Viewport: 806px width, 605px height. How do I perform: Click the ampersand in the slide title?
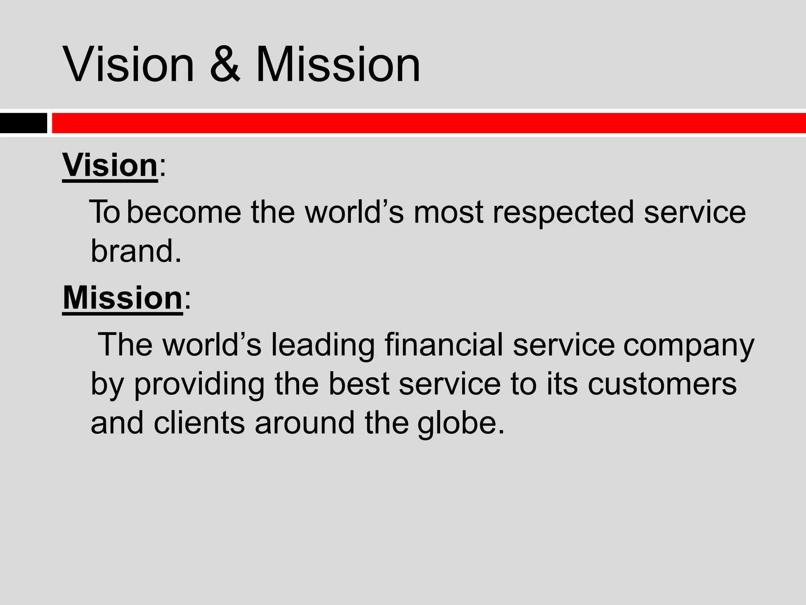click(225, 64)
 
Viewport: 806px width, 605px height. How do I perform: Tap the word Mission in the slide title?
click(338, 64)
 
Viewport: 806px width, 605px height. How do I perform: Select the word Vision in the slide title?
click(128, 64)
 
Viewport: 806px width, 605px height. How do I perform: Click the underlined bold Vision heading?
click(110, 165)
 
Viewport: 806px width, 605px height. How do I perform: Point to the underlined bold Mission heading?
click(122, 298)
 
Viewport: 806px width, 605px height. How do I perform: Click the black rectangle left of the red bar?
click(23, 123)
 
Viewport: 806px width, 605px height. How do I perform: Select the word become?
click(184, 212)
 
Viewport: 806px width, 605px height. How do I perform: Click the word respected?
click(563, 212)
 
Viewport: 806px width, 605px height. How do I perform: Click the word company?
click(689, 345)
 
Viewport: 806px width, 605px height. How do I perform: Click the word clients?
click(199, 423)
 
